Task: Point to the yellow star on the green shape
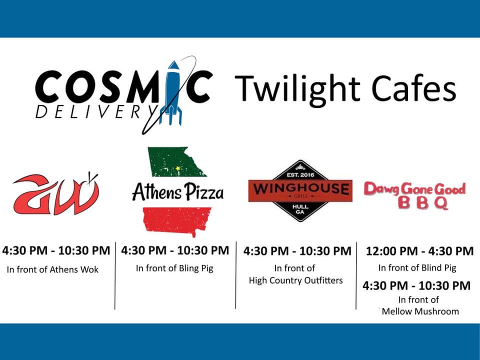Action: tap(178, 168)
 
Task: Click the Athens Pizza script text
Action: tap(178, 192)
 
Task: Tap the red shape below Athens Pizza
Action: tap(177, 220)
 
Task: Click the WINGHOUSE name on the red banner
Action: tap(300, 188)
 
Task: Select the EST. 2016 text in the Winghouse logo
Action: tap(300, 175)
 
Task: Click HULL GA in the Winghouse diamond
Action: tap(300, 209)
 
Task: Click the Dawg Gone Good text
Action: tap(415, 189)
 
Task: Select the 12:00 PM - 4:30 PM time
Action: tap(419, 251)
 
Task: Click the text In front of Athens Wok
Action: tap(52, 269)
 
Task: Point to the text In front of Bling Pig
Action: tap(174, 268)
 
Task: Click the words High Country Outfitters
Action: tap(295, 280)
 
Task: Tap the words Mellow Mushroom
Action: tap(420, 311)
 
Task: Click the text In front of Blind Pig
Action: tap(417, 268)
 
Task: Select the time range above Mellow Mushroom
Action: tap(416, 285)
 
